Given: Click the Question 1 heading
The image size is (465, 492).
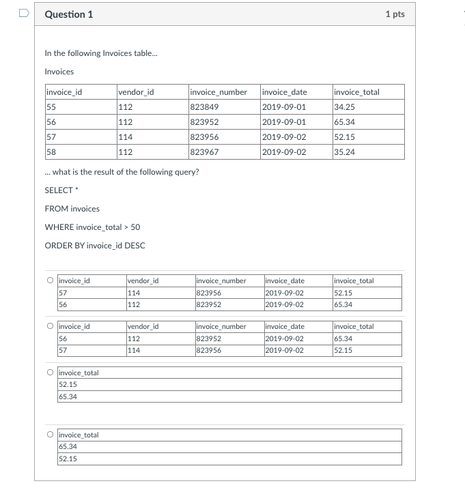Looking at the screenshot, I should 69,14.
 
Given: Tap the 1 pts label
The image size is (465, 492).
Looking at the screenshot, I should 394,14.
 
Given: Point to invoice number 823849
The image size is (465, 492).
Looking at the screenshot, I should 204,107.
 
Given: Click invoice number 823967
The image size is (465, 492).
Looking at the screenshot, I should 204,152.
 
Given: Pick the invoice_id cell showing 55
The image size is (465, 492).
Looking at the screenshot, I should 51,107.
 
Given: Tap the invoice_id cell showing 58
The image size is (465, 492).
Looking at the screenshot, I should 51,152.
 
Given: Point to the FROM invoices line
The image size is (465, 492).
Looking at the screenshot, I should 72,209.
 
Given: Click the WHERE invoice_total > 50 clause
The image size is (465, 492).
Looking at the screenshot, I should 92,227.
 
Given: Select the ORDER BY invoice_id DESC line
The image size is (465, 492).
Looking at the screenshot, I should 95,246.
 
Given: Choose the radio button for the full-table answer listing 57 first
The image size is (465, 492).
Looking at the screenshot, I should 51,280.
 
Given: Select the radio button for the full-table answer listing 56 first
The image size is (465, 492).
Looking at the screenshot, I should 51,326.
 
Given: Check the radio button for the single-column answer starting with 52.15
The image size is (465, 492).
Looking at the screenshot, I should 51,372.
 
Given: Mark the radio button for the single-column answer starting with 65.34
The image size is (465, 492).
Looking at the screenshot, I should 51,434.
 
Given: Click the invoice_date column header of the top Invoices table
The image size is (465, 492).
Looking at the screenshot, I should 284,92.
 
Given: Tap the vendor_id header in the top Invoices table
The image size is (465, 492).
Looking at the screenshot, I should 136,92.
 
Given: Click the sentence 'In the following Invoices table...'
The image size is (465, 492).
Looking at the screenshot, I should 91,53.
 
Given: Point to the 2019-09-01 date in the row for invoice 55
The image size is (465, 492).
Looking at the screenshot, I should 283,107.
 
